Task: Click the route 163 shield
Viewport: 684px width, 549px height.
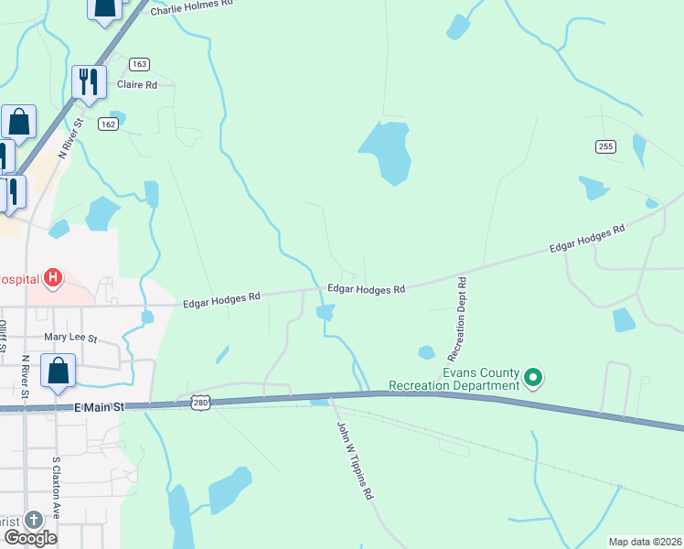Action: (x=139, y=64)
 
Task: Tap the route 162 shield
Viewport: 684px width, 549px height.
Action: (x=109, y=124)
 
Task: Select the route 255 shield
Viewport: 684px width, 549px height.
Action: (x=605, y=146)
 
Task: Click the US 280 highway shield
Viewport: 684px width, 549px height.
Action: (x=201, y=403)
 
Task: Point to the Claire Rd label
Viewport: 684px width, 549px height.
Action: (x=137, y=85)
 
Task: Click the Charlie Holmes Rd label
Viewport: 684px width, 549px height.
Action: (x=193, y=5)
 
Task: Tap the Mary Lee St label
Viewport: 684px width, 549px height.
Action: (x=70, y=338)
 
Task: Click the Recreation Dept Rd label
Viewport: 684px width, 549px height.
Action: (x=456, y=318)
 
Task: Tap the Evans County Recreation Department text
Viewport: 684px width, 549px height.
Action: (x=454, y=380)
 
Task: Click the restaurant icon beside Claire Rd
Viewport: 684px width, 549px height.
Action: (x=89, y=81)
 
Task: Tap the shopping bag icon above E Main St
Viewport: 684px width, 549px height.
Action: (x=59, y=372)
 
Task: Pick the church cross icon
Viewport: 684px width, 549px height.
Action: (x=34, y=520)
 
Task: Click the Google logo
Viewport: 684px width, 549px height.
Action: (x=30, y=537)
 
